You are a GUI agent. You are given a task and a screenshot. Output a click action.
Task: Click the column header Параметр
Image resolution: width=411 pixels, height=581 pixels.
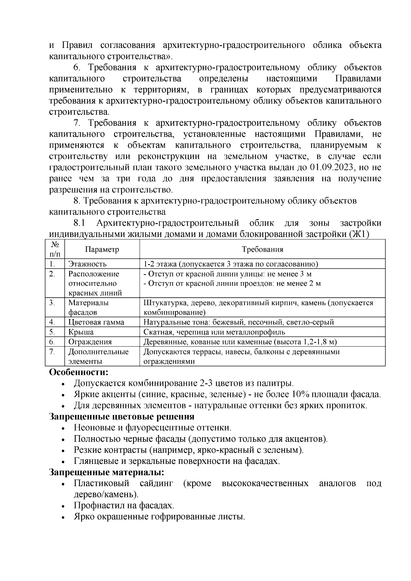(102, 249)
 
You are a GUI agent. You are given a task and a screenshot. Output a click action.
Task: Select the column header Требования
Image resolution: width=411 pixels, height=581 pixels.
(262, 249)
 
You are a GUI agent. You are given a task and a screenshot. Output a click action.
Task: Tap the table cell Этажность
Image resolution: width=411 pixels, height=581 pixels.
(87, 264)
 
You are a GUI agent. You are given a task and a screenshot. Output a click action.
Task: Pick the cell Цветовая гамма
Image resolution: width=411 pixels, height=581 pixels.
(96, 322)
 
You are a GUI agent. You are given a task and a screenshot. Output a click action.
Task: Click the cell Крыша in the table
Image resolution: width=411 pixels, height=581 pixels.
(81, 332)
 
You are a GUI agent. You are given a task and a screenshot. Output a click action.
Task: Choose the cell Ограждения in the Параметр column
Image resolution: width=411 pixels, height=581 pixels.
(90, 342)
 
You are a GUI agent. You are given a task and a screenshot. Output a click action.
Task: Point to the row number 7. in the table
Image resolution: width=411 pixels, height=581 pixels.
(52, 352)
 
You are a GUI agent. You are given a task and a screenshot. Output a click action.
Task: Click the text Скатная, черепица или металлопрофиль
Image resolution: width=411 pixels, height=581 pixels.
(214, 332)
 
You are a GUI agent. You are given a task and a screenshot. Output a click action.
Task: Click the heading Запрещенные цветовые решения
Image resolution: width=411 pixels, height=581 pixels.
(122, 417)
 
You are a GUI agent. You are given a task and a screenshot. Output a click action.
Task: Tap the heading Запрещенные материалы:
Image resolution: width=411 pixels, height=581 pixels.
(107, 472)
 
